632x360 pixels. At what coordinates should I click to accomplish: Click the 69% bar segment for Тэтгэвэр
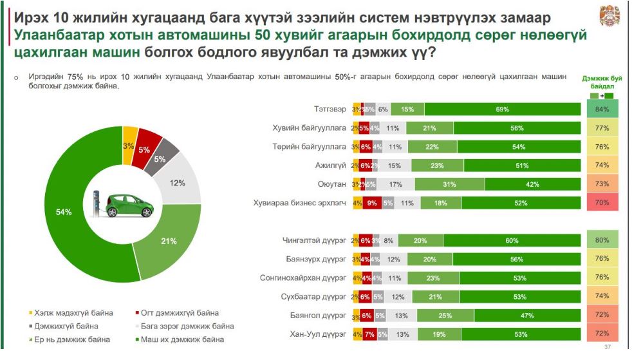503,109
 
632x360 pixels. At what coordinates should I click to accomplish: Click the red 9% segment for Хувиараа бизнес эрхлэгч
372,204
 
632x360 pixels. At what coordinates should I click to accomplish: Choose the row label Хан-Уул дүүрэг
319,335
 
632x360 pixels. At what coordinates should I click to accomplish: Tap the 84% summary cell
602,109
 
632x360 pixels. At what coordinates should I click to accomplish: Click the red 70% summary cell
602,204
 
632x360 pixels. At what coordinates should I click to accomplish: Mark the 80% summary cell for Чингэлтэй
602,241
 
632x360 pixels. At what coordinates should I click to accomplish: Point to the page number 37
607,348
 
